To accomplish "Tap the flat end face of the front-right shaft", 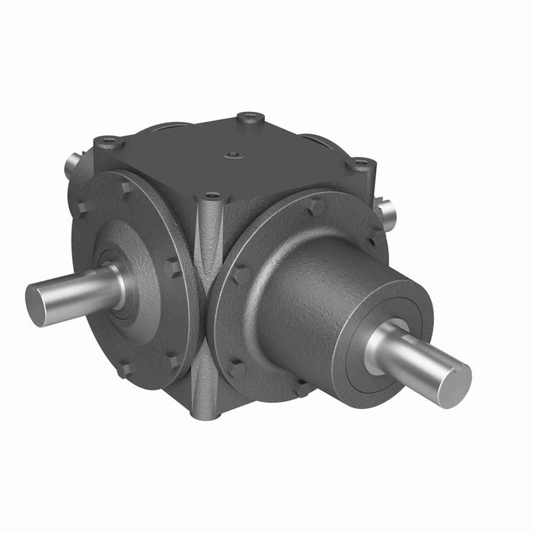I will click(455, 383).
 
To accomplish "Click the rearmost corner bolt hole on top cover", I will click(251, 117).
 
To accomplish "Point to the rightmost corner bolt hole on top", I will click(360, 163).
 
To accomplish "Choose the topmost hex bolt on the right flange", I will click(314, 206).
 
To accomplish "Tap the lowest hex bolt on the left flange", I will click(122, 369).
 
